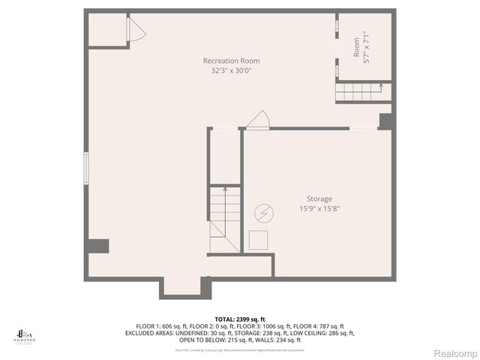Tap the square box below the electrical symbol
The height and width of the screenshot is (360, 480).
pos(259,240)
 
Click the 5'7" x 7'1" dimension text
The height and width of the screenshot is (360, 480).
pos(366,45)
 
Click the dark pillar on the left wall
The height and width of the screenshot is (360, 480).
pos(98,246)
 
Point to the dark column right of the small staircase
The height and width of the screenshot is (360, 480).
pos(385,121)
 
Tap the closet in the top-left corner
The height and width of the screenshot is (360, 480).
pos(108,30)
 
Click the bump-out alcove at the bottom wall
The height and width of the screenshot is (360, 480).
pos(181,286)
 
